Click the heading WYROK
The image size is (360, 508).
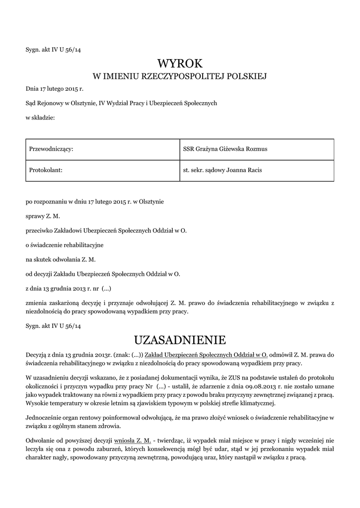180,63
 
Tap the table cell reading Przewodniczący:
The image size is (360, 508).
52,149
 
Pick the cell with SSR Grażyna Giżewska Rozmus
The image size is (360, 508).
225,149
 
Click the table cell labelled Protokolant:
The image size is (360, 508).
44,170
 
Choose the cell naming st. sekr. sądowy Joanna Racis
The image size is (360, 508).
222,170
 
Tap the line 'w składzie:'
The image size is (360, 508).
40,118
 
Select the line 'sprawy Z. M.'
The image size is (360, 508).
43,216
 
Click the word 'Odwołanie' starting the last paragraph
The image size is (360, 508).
41,441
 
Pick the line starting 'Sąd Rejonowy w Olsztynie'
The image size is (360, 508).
121,104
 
